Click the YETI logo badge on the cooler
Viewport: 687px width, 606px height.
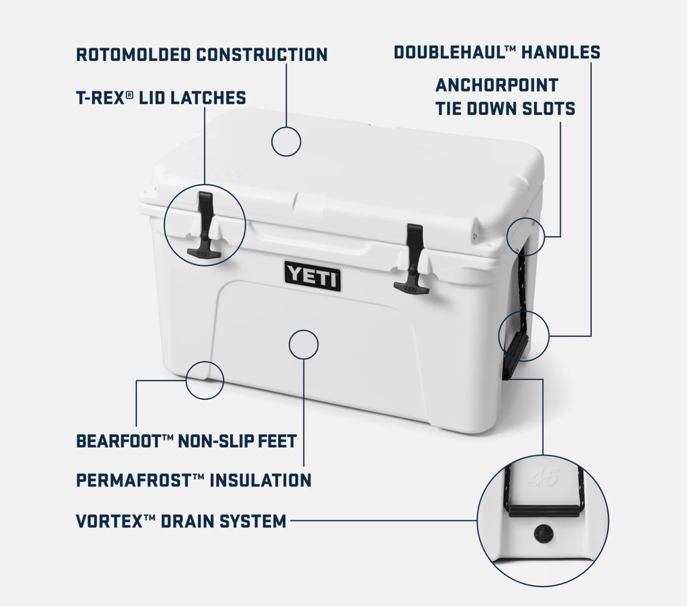click(312, 275)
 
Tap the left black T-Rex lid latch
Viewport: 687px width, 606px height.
click(204, 225)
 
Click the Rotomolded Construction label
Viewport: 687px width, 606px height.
click(201, 54)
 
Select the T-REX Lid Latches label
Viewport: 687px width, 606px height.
click(160, 98)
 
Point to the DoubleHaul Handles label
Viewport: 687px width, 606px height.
click(496, 52)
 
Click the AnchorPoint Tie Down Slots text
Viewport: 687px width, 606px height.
click(505, 97)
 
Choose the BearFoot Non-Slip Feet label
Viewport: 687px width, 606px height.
click(186, 441)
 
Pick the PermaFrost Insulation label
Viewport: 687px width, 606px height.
click(193, 481)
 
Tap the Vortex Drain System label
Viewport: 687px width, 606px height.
click(181, 521)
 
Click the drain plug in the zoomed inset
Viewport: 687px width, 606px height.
click(542, 534)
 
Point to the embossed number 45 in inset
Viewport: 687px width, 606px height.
click(543, 478)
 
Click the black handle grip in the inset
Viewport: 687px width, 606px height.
click(543, 510)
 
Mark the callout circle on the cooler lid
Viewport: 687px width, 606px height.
click(286, 142)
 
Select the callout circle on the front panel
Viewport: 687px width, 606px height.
click(303, 344)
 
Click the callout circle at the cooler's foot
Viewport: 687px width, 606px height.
click(205, 380)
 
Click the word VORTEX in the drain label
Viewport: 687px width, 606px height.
click(108, 521)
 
